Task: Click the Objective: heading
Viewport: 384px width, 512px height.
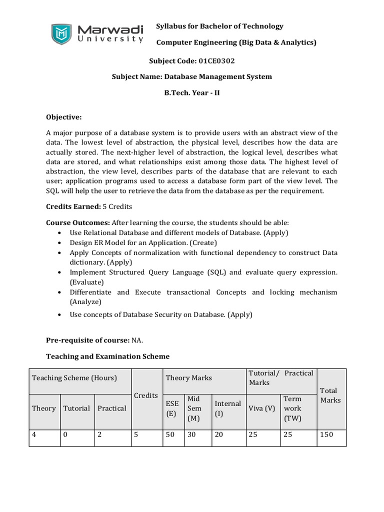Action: pyautogui.click(x=63, y=117)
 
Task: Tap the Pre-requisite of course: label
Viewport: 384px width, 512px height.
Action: pyautogui.click(x=87, y=340)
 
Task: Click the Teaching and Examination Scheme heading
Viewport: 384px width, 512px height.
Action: pyautogui.click(x=107, y=356)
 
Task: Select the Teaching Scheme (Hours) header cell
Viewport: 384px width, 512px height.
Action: pyautogui.click(x=74, y=378)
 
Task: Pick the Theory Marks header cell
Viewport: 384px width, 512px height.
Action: pyautogui.click(x=188, y=378)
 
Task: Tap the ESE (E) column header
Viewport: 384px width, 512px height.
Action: pyautogui.click(x=171, y=408)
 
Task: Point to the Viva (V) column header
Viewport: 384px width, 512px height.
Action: pyautogui.click(x=261, y=408)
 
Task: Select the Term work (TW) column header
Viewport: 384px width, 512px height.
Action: pyautogui.click(x=292, y=408)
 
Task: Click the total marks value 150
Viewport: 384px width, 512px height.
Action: pyautogui.click(x=326, y=434)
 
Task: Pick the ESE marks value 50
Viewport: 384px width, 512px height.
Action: pyautogui.click(x=170, y=434)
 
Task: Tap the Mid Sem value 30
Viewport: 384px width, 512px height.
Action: pyautogui.click(x=191, y=434)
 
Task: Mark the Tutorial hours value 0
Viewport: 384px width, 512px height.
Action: pyautogui.click(x=65, y=434)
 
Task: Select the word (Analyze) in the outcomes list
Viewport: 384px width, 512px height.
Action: pyautogui.click(x=85, y=301)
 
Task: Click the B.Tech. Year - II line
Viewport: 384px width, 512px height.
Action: pyautogui.click(x=192, y=93)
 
